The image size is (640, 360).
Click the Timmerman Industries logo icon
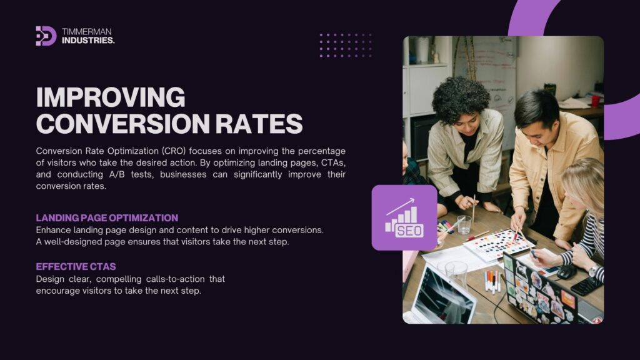point(46,36)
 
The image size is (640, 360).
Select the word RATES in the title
point(259,124)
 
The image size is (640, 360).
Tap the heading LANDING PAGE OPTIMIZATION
point(107,218)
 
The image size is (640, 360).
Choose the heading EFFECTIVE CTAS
point(76,267)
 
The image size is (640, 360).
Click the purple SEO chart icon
point(404,217)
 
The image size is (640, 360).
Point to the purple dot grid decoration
point(346,45)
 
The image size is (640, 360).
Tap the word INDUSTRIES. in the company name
point(88,41)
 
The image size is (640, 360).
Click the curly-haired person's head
point(461,102)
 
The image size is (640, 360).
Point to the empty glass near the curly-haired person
point(464,225)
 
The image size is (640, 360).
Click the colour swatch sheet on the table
point(499,244)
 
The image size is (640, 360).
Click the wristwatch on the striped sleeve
point(594,270)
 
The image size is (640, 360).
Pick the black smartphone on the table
point(586,286)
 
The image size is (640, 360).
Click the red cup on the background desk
point(595,101)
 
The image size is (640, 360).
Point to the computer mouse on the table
point(566,272)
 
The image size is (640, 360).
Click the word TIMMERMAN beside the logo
point(86,31)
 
